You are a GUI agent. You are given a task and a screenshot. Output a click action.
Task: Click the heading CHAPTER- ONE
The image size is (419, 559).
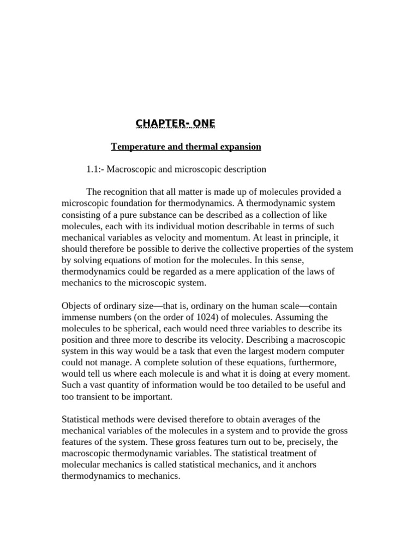click(176, 124)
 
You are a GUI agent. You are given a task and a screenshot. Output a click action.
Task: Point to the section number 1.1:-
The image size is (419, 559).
click(95, 169)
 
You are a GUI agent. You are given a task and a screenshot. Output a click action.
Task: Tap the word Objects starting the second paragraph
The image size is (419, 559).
click(78, 306)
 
